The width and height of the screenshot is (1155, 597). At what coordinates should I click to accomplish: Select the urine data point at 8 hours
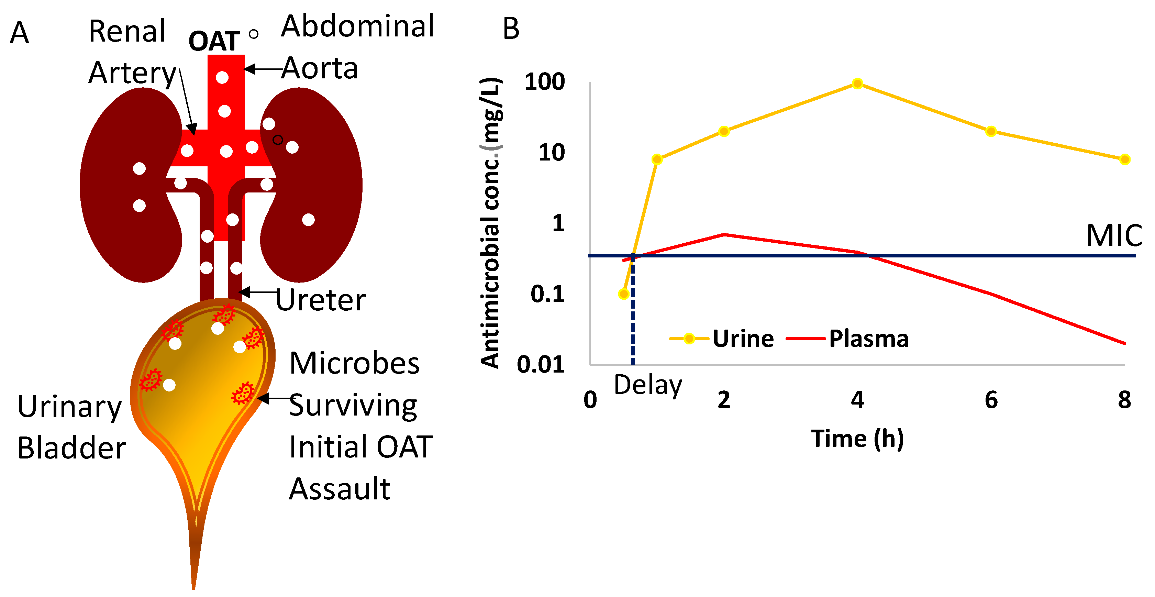(1124, 159)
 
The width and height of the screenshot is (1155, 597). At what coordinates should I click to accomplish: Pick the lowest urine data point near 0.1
(623, 294)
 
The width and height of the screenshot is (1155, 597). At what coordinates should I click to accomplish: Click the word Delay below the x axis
(647, 385)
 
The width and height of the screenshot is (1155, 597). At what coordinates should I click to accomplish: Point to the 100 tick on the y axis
(544, 82)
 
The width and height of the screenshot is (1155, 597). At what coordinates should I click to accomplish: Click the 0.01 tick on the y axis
(540, 364)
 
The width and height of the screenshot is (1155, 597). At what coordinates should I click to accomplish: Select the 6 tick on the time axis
(991, 400)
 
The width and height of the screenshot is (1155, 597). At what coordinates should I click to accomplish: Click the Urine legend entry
(743, 338)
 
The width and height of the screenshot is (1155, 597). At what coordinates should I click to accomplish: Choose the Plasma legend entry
(868, 338)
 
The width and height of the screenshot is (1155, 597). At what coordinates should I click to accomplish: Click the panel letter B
(511, 29)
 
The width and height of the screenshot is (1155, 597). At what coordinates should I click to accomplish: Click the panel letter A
(19, 32)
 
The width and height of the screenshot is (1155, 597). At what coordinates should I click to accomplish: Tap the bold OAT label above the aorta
(214, 41)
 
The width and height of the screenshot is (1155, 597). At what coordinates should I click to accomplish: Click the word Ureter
(320, 300)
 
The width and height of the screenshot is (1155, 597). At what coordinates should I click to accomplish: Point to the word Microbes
(354, 363)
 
